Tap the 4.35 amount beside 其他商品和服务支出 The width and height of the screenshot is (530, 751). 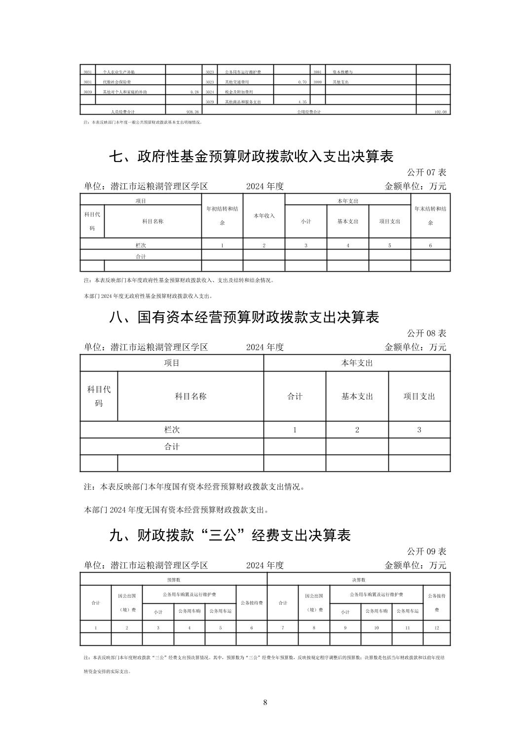[302, 102]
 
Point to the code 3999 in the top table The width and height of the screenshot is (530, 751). [317, 82]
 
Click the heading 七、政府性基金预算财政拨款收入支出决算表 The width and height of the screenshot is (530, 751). [251, 157]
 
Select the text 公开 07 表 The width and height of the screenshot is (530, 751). [426, 172]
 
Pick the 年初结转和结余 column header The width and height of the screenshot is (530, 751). [222, 215]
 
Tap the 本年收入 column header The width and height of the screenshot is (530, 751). [264, 216]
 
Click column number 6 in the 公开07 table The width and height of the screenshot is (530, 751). [430, 246]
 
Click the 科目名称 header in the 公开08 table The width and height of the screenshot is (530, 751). [190, 396]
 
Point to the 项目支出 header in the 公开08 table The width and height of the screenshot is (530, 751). [419, 396]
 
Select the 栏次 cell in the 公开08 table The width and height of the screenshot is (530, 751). [172, 430]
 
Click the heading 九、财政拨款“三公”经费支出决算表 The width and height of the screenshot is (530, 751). [229, 535]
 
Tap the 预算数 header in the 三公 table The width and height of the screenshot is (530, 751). [173, 580]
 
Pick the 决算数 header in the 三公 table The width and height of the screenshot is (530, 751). [358, 580]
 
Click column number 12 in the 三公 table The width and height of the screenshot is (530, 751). [436, 627]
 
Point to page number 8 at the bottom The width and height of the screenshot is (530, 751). [265, 702]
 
